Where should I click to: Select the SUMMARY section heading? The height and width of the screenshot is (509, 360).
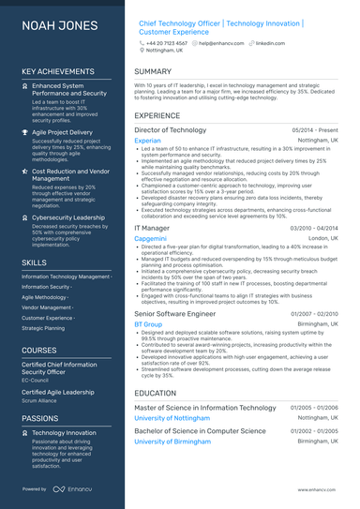[153, 71]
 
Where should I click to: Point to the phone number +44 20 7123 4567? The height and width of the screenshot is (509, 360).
[166, 43]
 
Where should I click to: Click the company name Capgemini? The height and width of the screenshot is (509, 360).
[151, 238]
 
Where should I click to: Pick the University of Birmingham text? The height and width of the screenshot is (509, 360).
[182, 440]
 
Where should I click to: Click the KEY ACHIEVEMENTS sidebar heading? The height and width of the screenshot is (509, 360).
[55, 71]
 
